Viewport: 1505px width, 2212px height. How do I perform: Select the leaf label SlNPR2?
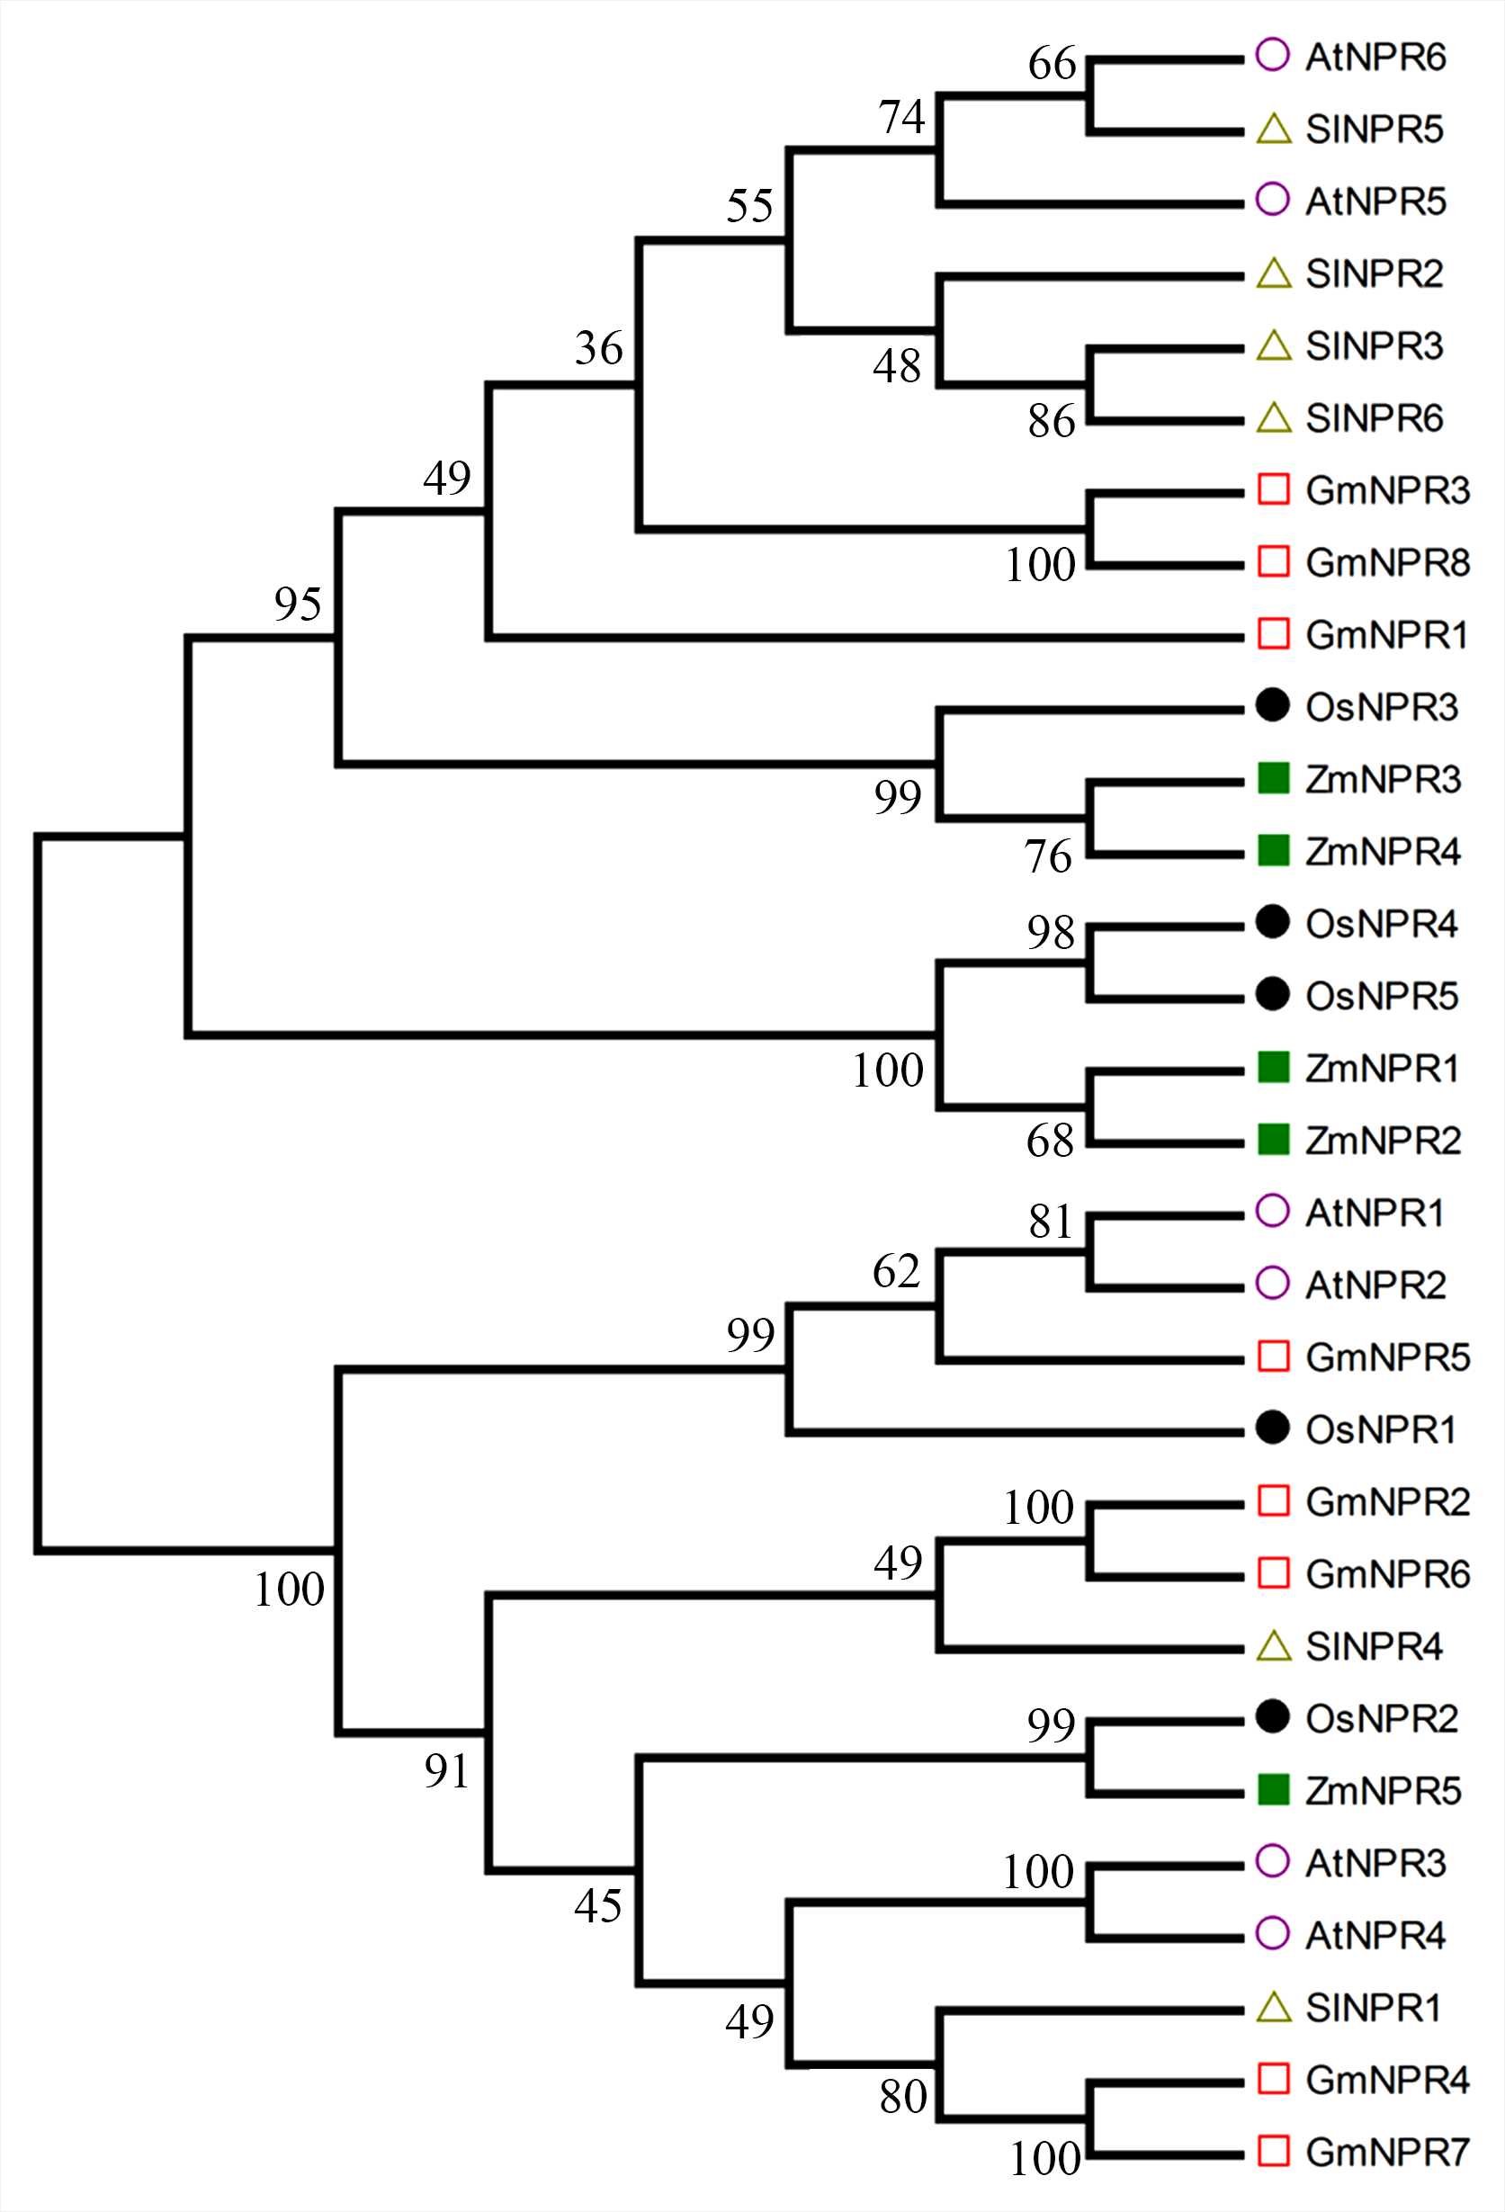pyautogui.click(x=1374, y=274)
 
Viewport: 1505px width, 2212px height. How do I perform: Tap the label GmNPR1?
pyautogui.click(x=1386, y=635)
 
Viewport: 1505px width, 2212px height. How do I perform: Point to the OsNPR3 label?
pyautogui.click(x=1381, y=707)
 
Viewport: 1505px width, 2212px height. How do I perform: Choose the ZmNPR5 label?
pyautogui.click(x=1382, y=1790)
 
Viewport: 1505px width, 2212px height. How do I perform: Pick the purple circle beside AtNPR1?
pyautogui.click(x=1273, y=1211)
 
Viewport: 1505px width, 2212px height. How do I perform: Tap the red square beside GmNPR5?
pyautogui.click(x=1274, y=1356)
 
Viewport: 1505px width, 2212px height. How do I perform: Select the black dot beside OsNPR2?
pyautogui.click(x=1273, y=1717)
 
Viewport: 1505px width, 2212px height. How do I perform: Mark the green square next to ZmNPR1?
pyautogui.click(x=1274, y=1067)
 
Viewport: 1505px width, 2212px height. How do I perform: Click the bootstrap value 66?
pyautogui.click(x=1052, y=64)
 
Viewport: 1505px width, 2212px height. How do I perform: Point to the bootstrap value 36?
pyautogui.click(x=599, y=348)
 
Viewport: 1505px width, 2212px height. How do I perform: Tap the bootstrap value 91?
pyautogui.click(x=447, y=1771)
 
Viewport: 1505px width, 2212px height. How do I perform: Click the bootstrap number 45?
pyautogui.click(x=599, y=1905)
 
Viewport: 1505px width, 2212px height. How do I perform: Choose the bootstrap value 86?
pyautogui.click(x=1051, y=422)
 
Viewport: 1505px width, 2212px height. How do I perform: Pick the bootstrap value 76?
pyautogui.click(x=1048, y=856)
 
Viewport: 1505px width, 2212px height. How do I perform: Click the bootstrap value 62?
pyautogui.click(x=897, y=1272)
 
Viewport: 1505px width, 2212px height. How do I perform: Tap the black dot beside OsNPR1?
pyautogui.click(x=1273, y=1428)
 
